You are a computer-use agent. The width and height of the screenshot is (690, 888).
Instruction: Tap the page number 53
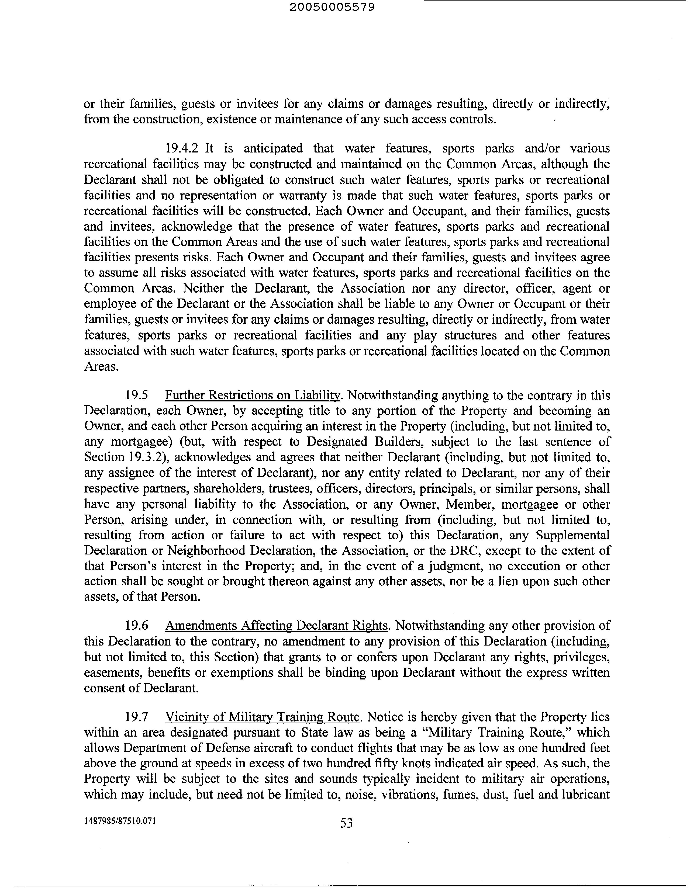click(x=346, y=823)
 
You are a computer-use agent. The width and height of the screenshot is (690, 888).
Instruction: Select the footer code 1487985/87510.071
click(x=120, y=820)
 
